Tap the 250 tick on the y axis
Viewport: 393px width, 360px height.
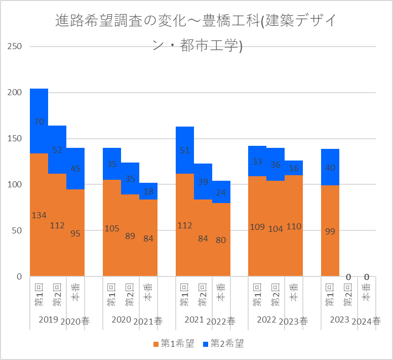(x=15, y=47)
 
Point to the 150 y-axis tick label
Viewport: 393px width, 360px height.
(x=15, y=139)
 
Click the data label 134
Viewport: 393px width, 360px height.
(x=39, y=215)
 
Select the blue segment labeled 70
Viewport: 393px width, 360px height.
(x=39, y=121)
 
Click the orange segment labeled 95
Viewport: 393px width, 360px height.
(x=75, y=232)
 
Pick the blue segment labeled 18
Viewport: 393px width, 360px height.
(x=148, y=191)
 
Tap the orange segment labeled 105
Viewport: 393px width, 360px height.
(x=112, y=228)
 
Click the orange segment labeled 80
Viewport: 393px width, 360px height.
(x=221, y=239)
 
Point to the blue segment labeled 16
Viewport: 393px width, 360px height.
(x=294, y=168)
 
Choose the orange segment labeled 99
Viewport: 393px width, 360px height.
(x=330, y=231)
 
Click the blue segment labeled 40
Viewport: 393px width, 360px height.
(x=330, y=167)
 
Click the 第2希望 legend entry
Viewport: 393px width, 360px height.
(x=223, y=344)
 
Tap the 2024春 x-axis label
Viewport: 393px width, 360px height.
(x=366, y=321)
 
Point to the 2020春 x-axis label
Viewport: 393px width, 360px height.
(x=75, y=321)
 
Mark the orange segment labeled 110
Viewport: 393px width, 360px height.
(x=294, y=226)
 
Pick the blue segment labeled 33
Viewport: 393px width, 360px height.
(x=257, y=161)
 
